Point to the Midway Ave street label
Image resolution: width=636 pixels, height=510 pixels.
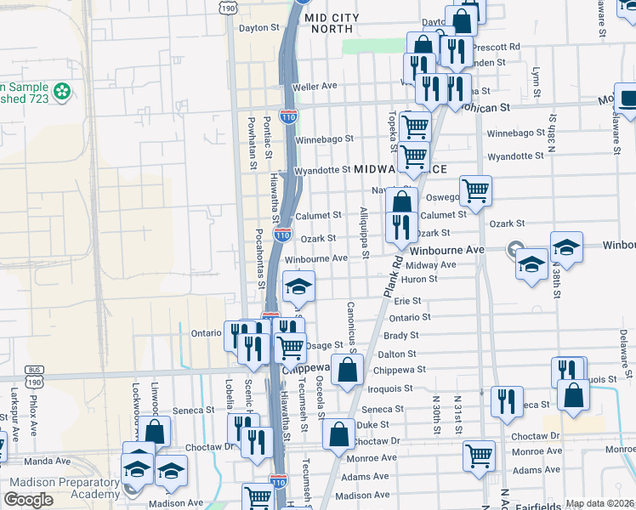point(437,264)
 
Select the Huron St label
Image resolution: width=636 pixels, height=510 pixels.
point(420,279)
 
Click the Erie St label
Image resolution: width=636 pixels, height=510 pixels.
point(407,301)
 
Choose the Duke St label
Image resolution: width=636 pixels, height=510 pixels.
point(372,424)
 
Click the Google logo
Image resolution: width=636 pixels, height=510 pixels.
point(28,500)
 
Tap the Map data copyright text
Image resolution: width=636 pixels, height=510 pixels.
point(600,503)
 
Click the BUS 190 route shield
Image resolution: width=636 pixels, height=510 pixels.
point(35,371)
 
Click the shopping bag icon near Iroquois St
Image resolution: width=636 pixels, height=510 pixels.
point(347,370)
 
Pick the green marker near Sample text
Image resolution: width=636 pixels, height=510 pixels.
point(61,90)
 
